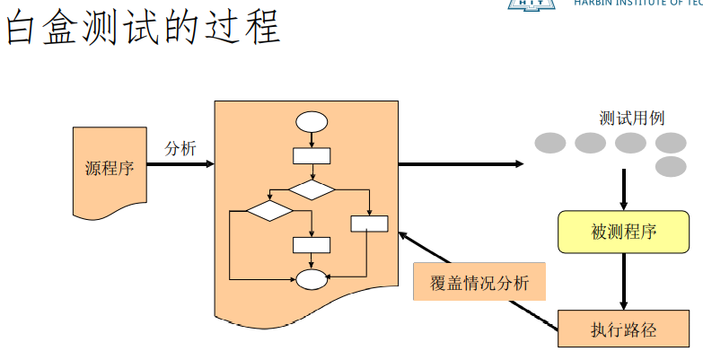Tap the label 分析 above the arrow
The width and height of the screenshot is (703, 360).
(x=180, y=149)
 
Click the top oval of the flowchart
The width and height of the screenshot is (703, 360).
(x=312, y=121)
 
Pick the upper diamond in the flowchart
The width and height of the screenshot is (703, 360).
(x=312, y=189)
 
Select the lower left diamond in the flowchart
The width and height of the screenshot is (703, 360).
(x=269, y=211)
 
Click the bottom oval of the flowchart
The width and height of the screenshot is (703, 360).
(x=312, y=279)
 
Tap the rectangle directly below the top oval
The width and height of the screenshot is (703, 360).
(x=312, y=155)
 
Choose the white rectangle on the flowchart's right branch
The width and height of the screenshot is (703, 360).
(x=369, y=224)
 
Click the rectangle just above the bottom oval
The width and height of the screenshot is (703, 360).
(x=312, y=244)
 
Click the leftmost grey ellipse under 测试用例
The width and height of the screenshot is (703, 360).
(x=550, y=143)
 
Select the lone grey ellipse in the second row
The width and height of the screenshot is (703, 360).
(x=671, y=166)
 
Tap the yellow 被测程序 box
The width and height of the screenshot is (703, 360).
(x=624, y=233)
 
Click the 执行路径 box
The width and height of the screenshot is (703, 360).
(x=624, y=329)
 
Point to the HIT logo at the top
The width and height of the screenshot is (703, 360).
(x=535, y=4)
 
